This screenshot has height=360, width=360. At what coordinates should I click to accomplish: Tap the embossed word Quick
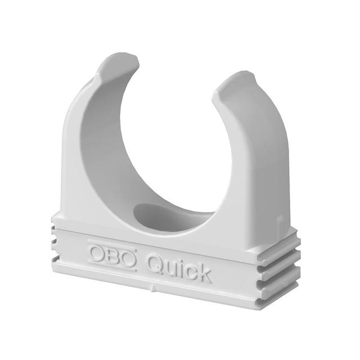(x=179, y=267)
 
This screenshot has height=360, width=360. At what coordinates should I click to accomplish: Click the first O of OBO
(x=97, y=251)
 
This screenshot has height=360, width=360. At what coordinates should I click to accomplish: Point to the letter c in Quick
(x=191, y=272)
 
